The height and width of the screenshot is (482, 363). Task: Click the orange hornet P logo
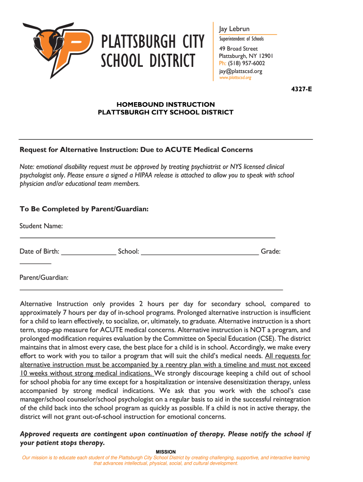tap(57, 48)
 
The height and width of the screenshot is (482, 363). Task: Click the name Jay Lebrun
tap(234, 29)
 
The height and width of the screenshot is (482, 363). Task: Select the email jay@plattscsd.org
tap(240, 71)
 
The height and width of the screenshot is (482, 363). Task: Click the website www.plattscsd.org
tap(235, 78)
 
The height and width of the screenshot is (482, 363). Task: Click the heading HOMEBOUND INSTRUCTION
tap(165, 104)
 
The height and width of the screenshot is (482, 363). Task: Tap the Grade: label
tap(271, 252)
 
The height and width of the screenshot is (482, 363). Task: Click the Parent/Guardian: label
tap(44, 278)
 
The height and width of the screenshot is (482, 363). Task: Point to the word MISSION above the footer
tap(165, 452)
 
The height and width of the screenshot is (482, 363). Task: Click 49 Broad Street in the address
tap(238, 49)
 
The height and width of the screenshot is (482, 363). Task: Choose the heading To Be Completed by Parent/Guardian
tap(84, 209)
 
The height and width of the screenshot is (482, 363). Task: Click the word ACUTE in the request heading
tap(178, 150)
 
